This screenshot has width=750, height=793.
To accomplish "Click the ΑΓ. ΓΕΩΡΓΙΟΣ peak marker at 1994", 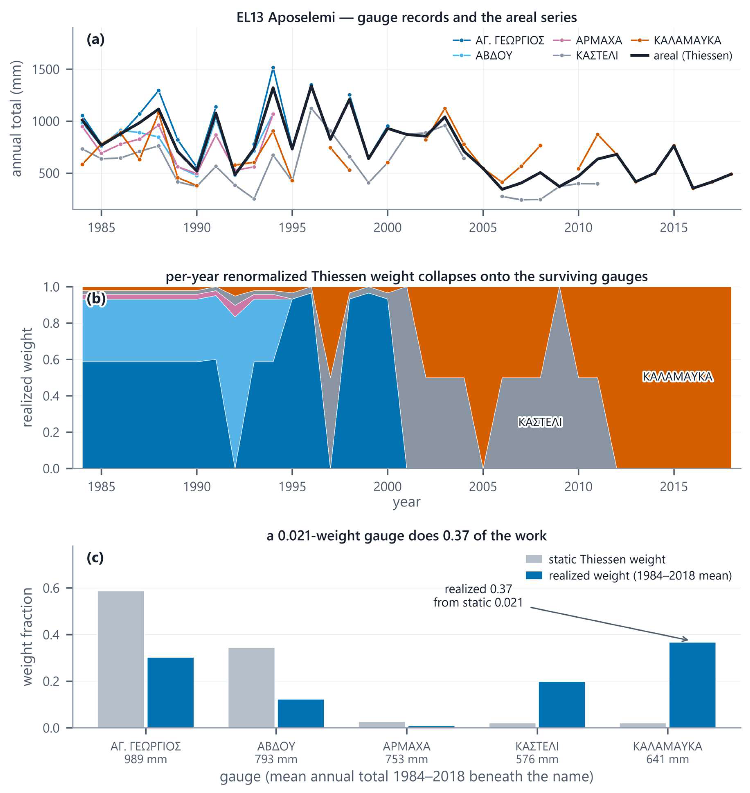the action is pyautogui.click(x=273, y=68).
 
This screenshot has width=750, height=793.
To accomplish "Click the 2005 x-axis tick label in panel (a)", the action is pyautogui.click(x=483, y=228).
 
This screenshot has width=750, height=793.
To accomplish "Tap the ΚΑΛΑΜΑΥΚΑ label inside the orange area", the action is pyautogui.click(x=678, y=377).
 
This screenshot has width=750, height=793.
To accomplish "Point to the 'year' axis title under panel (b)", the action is pyautogui.click(x=407, y=502).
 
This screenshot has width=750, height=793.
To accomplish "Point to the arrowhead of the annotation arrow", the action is pyautogui.click(x=688, y=640).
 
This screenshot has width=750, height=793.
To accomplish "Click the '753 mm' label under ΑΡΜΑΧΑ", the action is pyautogui.click(x=407, y=759).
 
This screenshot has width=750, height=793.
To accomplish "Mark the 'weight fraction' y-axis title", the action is pyautogui.click(x=27, y=637).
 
